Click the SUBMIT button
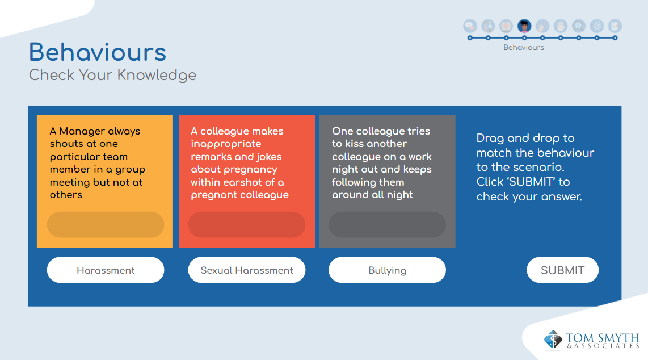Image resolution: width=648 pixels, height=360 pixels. pos(562,270)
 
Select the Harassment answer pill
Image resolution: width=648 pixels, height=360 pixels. pos(106,270)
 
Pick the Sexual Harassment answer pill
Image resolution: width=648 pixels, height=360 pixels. pos(247,270)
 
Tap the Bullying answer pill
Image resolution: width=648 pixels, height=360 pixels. pos(387,270)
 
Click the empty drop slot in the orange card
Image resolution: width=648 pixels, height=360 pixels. pos(106,224)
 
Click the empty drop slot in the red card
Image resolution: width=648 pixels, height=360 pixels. pos(247,224)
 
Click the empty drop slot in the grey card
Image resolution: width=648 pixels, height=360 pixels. pos(387,224)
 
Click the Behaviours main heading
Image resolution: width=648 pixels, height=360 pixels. pos(98,52)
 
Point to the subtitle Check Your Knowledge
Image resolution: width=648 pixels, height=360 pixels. pos(112,75)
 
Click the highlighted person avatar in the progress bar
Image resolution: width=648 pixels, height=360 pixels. pos(524,26)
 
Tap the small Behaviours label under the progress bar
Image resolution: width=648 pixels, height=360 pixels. pos(524,48)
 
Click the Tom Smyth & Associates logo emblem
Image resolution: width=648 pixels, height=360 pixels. pos(553,340)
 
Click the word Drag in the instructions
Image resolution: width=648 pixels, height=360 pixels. pos(490,138)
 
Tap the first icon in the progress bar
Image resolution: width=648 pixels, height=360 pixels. pos(470,26)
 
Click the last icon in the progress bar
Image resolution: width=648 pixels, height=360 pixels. pos(615,26)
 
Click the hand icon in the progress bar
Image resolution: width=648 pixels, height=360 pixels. pos(561,26)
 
